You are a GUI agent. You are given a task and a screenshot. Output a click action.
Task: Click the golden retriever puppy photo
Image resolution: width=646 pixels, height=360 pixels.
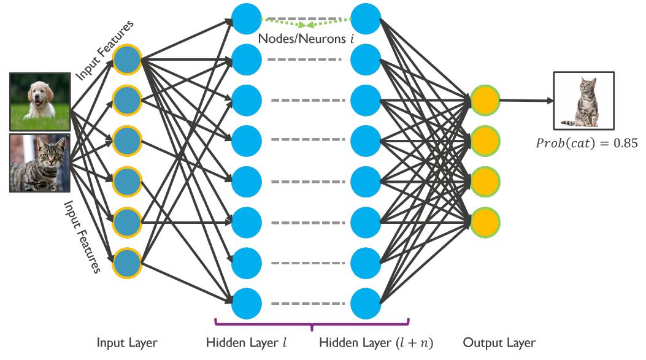pos(39,101)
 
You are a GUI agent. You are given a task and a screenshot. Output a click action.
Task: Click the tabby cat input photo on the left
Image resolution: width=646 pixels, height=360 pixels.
pos(39,163)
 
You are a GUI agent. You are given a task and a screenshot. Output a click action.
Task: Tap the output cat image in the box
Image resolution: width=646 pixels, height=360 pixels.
pos(583,101)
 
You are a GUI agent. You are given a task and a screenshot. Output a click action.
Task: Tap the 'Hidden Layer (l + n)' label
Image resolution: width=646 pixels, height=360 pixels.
pos(376,343)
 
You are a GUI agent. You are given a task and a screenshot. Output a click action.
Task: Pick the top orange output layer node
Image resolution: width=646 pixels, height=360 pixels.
pos(485,100)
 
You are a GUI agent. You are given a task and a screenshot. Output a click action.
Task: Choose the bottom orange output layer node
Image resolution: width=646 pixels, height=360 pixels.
pos(485,220)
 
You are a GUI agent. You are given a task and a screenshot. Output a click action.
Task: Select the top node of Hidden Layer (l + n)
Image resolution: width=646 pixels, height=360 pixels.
pos(366,18)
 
